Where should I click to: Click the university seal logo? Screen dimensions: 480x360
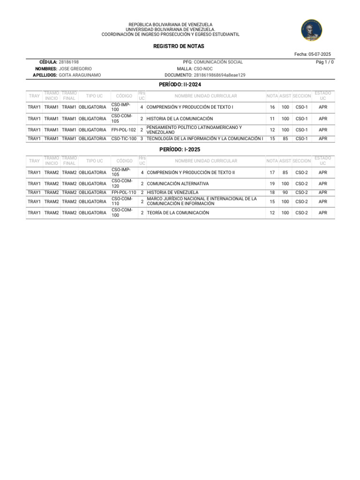[311, 30]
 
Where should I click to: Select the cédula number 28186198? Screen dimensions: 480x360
[68, 62]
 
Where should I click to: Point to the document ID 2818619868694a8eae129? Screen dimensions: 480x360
[219, 75]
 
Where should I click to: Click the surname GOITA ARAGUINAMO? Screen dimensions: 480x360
[80, 75]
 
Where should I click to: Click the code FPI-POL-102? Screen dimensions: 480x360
[124, 130]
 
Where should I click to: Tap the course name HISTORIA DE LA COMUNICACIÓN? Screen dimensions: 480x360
[180, 119]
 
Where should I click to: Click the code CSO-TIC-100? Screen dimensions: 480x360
[124, 139]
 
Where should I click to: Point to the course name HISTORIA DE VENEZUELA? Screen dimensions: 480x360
[172, 192]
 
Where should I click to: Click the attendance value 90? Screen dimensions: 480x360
[285, 192]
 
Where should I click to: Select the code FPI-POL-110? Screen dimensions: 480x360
[124, 192]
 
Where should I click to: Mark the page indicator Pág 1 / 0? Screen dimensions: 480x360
[325, 62]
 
